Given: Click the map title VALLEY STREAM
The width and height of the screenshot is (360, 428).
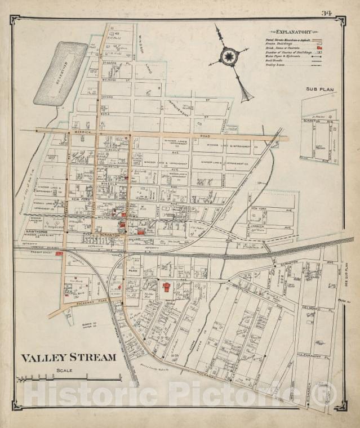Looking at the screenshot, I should [68, 357].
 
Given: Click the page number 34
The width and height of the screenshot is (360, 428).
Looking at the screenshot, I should [326, 13].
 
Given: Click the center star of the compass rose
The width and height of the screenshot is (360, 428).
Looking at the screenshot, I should [229, 56].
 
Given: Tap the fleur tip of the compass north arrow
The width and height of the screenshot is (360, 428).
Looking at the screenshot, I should [245, 96].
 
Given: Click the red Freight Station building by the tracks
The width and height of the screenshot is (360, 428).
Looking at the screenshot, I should [59, 253].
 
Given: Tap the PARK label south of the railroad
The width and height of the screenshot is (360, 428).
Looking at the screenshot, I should [133, 271].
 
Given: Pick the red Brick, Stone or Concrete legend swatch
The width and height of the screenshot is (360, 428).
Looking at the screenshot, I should [319, 49].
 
